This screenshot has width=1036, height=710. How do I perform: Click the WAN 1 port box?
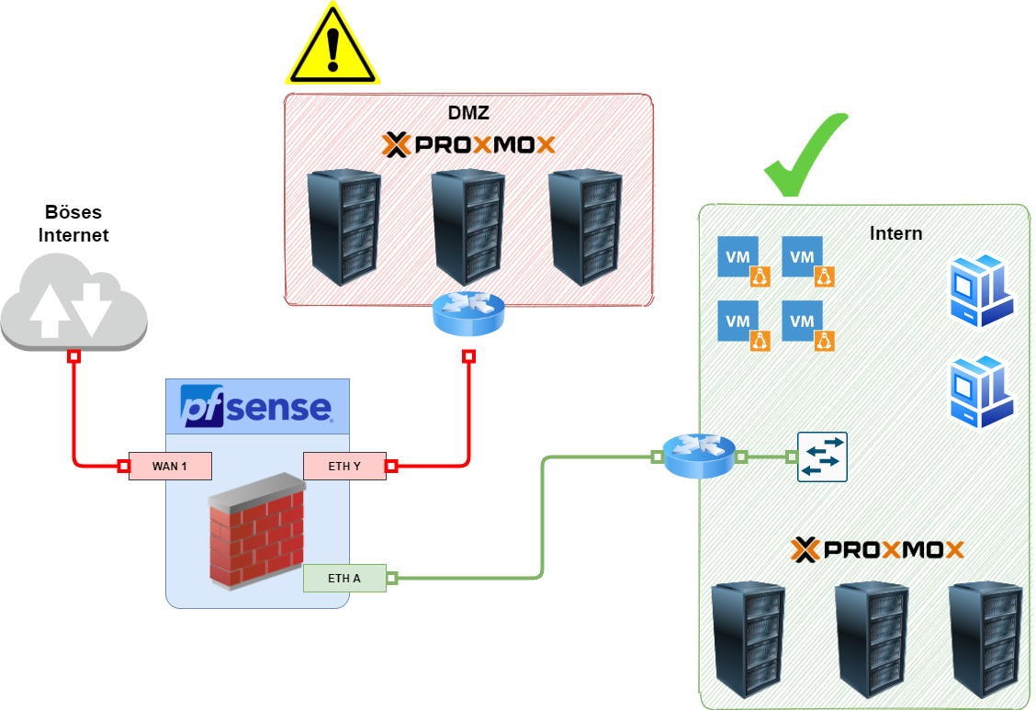click(170, 466)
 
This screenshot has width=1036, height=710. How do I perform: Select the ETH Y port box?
click(344, 466)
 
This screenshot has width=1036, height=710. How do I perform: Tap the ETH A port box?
click(344, 579)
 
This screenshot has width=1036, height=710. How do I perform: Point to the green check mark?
click(805, 156)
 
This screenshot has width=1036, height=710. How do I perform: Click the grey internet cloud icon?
click(73, 304)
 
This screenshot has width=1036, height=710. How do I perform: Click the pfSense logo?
click(256, 407)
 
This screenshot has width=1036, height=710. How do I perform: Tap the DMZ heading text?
click(468, 114)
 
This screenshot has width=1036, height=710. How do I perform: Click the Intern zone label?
click(895, 233)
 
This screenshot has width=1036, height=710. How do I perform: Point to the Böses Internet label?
click(73, 223)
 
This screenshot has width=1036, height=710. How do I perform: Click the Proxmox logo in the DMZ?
click(468, 145)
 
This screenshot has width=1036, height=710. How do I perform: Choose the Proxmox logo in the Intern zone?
click(877, 549)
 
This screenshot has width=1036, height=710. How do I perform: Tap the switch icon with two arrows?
click(822, 456)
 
